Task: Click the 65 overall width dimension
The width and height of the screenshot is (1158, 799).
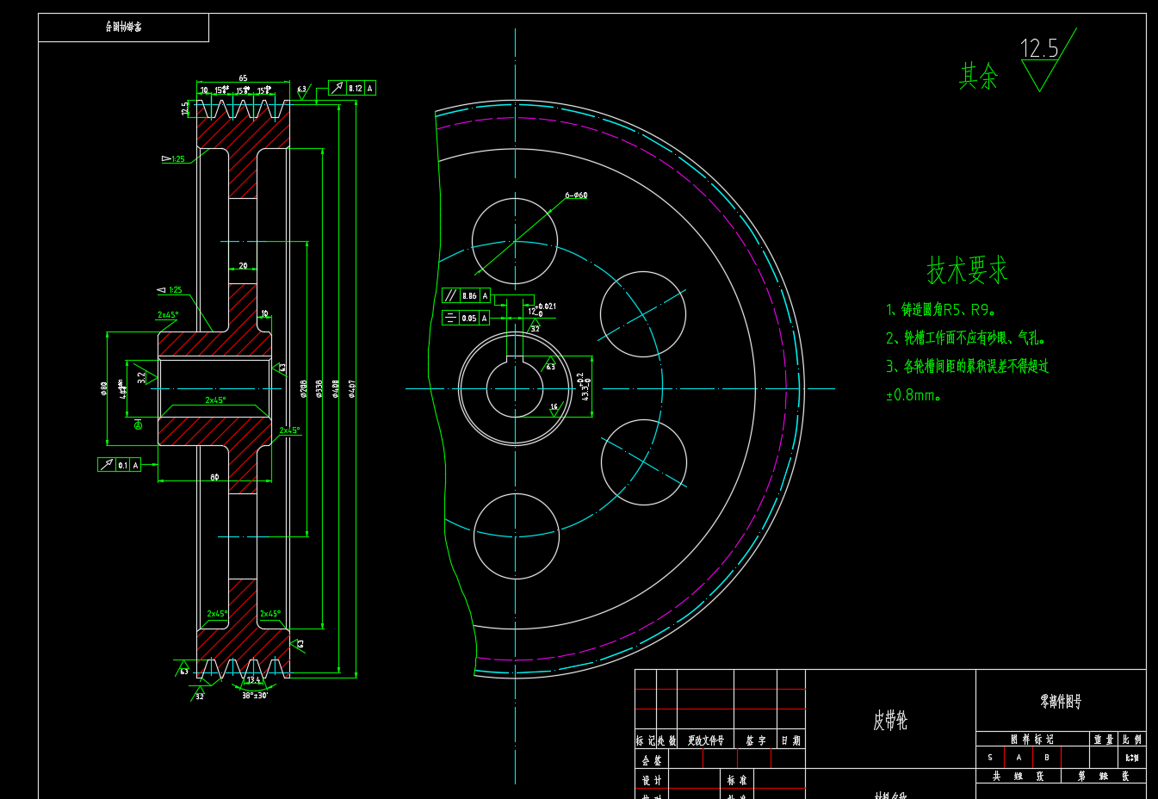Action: pyautogui.click(x=243, y=78)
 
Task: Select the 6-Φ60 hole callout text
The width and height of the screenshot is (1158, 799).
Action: pyautogui.click(x=576, y=195)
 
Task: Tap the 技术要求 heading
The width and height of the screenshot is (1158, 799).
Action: pyautogui.click(x=967, y=270)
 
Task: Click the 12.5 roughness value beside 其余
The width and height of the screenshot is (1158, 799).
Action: pyautogui.click(x=1038, y=49)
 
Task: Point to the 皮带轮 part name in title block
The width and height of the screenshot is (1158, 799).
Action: pyautogui.click(x=890, y=721)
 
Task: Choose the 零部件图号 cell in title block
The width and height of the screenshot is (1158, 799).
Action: pyautogui.click(x=1060, y=703)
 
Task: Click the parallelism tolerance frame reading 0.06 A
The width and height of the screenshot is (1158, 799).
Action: pyautogui.click(x=466, y=295)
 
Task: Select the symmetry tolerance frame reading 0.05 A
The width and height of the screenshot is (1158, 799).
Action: pyautogui.click(x=466, y=318)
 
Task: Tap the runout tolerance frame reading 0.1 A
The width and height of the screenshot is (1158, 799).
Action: pyautogui.click(x=120, y=465)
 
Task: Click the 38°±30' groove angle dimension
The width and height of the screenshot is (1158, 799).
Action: pyautogui.click(x=254, y=695)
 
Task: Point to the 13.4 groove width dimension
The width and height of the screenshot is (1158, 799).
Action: pyautogui.click(x=253, y=680)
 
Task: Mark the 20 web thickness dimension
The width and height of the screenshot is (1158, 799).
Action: pyautogui.click(x=243, y=266)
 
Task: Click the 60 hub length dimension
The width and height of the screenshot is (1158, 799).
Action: pyautogui.click(x=214, y=477)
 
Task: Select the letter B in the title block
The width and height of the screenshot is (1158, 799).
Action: pyautogui.click(x=1047, y=758)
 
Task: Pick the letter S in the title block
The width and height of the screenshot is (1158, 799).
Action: pyautogui.click(x=990, y=758)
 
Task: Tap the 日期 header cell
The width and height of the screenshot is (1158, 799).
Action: pyautogui.click(x=790, y=740)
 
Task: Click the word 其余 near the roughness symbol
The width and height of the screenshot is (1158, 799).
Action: pyautogui.click(x=979, y=77)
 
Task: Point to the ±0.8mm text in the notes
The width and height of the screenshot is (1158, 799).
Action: pyautogui.click(x=913, y=396)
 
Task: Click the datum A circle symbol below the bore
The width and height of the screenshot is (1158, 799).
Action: pyautogui.click(x=138, y=424)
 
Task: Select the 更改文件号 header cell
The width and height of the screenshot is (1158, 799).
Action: pyautogui.click(x=705, y=740)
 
